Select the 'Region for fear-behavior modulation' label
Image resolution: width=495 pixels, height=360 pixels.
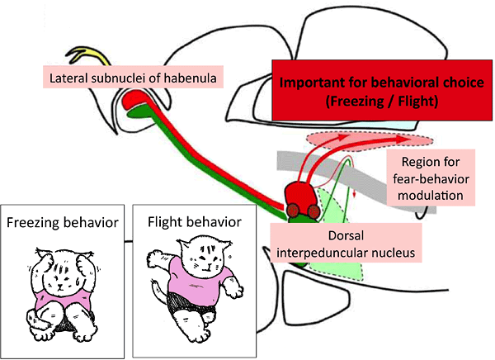pos(430,178)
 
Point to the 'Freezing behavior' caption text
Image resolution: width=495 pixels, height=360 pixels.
pos(63,222)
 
